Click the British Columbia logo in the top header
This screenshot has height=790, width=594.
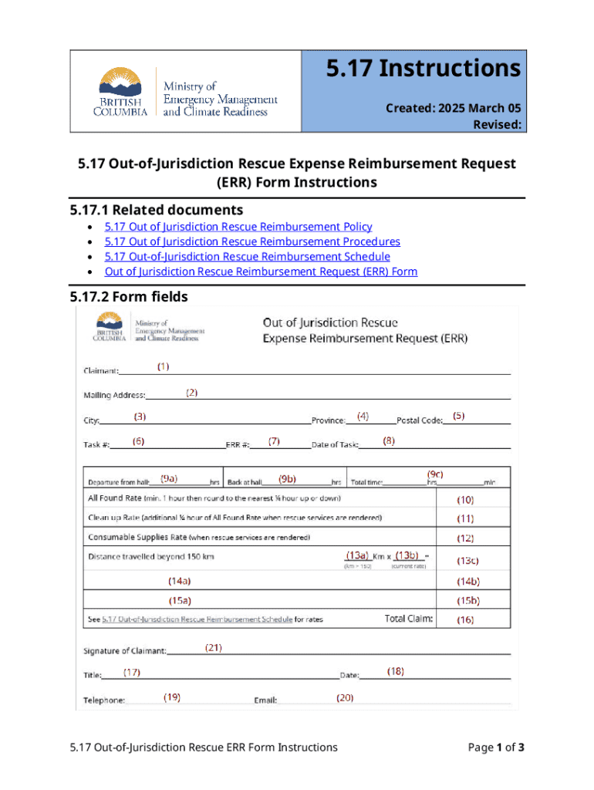[x=120, y=92]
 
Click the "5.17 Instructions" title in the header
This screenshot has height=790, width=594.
[x=423, y=69]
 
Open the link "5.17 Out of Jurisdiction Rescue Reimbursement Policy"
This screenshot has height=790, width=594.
[x=238, y=227]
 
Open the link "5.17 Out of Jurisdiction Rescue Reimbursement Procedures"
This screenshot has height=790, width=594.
[x=252, y=241]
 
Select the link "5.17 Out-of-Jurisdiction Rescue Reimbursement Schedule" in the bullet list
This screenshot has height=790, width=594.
[x=247, y=256]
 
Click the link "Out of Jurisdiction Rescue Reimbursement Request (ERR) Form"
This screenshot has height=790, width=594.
[x=261, y=272]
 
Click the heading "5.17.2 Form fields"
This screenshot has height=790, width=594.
[x=128, y=297]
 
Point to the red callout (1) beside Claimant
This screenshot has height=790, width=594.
[x=164, y=366]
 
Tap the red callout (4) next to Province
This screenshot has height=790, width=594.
[x=363, y=416]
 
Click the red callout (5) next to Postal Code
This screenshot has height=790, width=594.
[x=458, y=416]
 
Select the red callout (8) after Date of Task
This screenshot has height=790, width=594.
[x=389, y=441]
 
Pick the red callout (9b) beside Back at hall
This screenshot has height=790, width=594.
[x=289, y=478]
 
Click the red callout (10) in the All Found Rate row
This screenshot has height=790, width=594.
[x=466, y=500]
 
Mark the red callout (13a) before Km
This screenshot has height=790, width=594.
[x=357, y=555]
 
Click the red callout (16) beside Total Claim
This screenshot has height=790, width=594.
[x=465, y=619]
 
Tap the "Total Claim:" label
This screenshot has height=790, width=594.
[x=409, y=619]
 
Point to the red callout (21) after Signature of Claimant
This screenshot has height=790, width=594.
[x=214, y=648]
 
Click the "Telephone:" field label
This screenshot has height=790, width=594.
[x=104, y=701]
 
